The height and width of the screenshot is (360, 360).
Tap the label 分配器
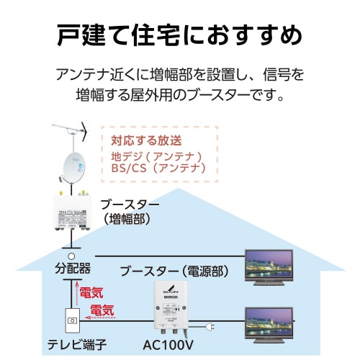click(73, 269)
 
